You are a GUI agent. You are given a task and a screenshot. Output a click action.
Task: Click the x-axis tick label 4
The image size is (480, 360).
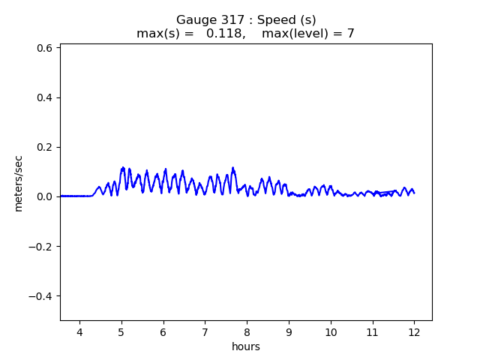coord(79,331)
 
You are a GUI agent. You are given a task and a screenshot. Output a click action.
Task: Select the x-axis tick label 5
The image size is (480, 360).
coord(121,331)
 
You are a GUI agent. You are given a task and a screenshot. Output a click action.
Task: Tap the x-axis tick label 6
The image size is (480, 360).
coord(163,331)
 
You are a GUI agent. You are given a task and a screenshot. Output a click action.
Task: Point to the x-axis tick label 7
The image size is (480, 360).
coord(205,331)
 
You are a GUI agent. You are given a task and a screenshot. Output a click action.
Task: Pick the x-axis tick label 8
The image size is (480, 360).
coord(247,331)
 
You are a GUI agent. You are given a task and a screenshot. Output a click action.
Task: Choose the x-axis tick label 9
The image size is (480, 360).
coord(289,331)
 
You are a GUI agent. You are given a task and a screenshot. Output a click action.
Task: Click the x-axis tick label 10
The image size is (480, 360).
coord(330,331)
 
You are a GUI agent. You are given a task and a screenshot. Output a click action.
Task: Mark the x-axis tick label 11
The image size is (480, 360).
coord(372,331)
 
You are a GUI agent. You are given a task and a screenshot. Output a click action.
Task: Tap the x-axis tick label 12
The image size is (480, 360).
coord(414,331)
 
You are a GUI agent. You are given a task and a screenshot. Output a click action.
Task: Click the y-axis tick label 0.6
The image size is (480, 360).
coord(45,48)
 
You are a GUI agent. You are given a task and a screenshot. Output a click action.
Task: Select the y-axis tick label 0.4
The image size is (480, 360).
coord(45,97)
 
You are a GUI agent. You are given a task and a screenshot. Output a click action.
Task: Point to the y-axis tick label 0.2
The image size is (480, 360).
coord(45,147)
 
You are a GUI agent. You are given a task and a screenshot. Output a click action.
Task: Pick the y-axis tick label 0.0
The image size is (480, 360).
coord(45,196)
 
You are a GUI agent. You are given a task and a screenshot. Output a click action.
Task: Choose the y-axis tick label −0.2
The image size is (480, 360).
coord(41,246)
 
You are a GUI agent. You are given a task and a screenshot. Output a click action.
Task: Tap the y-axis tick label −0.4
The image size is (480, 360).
coord(41,295)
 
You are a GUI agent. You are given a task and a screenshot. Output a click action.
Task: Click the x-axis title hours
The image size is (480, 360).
coord(246,346)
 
